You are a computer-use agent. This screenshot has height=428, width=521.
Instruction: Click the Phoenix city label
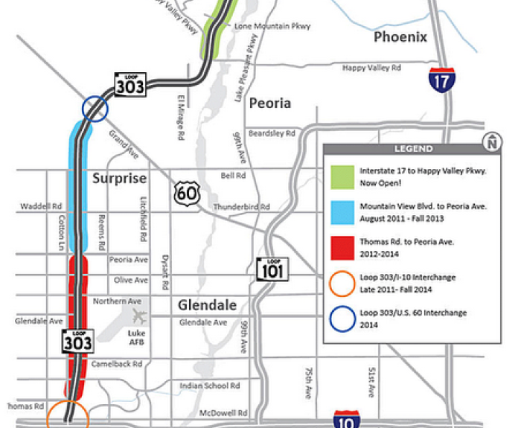point(400,36)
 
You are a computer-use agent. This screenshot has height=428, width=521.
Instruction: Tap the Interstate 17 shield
point(441,79)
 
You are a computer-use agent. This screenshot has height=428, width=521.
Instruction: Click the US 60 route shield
point(186,194)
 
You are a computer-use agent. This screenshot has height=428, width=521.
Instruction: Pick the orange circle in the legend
point(342,283)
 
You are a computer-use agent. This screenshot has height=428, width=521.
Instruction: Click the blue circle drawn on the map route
point(95,109)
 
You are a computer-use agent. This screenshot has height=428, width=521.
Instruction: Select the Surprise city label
point(118,179)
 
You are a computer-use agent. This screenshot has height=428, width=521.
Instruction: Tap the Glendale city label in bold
point(207,305)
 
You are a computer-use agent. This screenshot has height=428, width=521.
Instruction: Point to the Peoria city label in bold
point(269,103)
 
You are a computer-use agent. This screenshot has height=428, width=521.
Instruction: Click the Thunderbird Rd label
point(241,206)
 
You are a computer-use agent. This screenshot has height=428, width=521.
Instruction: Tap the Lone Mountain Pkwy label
point(272,26)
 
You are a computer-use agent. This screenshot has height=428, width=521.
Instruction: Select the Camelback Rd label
point(115,365)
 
